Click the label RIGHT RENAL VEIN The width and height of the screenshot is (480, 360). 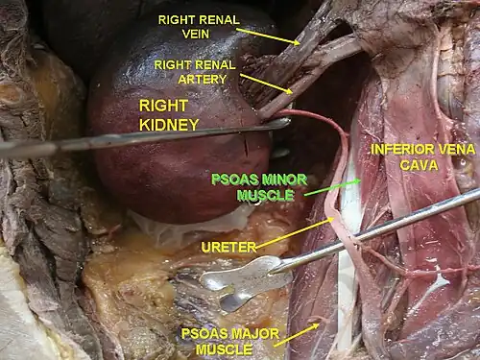[199, 27]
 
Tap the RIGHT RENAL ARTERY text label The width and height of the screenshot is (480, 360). [195, 72]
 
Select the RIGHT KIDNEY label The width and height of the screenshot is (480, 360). [169, 115]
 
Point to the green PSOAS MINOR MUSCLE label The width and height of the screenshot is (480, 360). [259, 187]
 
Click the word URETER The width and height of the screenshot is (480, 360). [228, 247]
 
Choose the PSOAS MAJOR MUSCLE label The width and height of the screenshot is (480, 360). [230, 342]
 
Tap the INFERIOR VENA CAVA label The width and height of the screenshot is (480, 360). [422, 157]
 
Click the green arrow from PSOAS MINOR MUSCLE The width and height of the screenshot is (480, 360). [332, 187]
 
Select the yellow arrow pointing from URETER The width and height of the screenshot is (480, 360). [295, 232]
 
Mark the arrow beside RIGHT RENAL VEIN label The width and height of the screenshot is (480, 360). [268, 36]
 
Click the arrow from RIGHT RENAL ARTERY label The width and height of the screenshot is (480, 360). [266, 84]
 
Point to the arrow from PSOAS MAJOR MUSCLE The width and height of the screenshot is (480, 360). [297, 335]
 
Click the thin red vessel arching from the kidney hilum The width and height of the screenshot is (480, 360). [320, 117]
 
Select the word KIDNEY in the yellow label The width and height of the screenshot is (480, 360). [169, 125]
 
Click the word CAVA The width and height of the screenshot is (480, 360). [419, 165]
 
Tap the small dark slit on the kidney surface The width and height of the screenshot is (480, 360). [246, 147]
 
